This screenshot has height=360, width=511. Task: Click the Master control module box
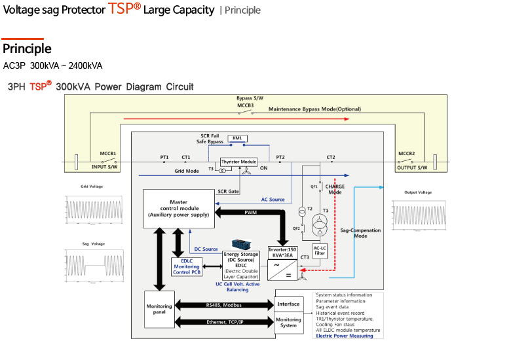178,209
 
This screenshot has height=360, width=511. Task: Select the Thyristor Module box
238,162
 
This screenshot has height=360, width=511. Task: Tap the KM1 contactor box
237,138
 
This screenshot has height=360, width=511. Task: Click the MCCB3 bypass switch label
245,105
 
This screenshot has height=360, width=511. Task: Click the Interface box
288,304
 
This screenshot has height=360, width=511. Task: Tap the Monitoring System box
288,323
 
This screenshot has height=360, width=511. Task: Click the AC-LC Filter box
320,251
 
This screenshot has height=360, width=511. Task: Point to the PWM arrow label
251,213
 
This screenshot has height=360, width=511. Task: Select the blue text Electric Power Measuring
345,336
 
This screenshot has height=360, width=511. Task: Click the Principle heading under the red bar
27,49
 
